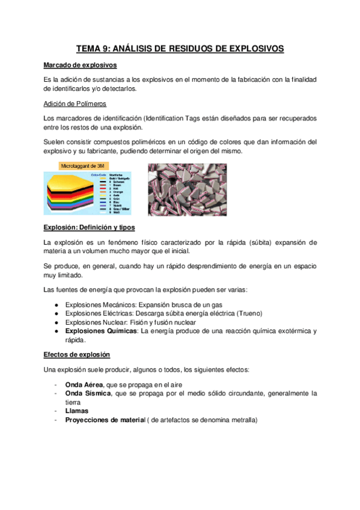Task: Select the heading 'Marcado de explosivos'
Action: (81, 65)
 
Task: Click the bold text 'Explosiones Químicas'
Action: (102, 331)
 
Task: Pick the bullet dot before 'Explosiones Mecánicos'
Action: (56, 305)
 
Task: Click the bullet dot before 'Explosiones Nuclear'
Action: (56, 322)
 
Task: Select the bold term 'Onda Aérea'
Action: (84, 384)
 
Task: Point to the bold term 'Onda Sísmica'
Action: (87, 393)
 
